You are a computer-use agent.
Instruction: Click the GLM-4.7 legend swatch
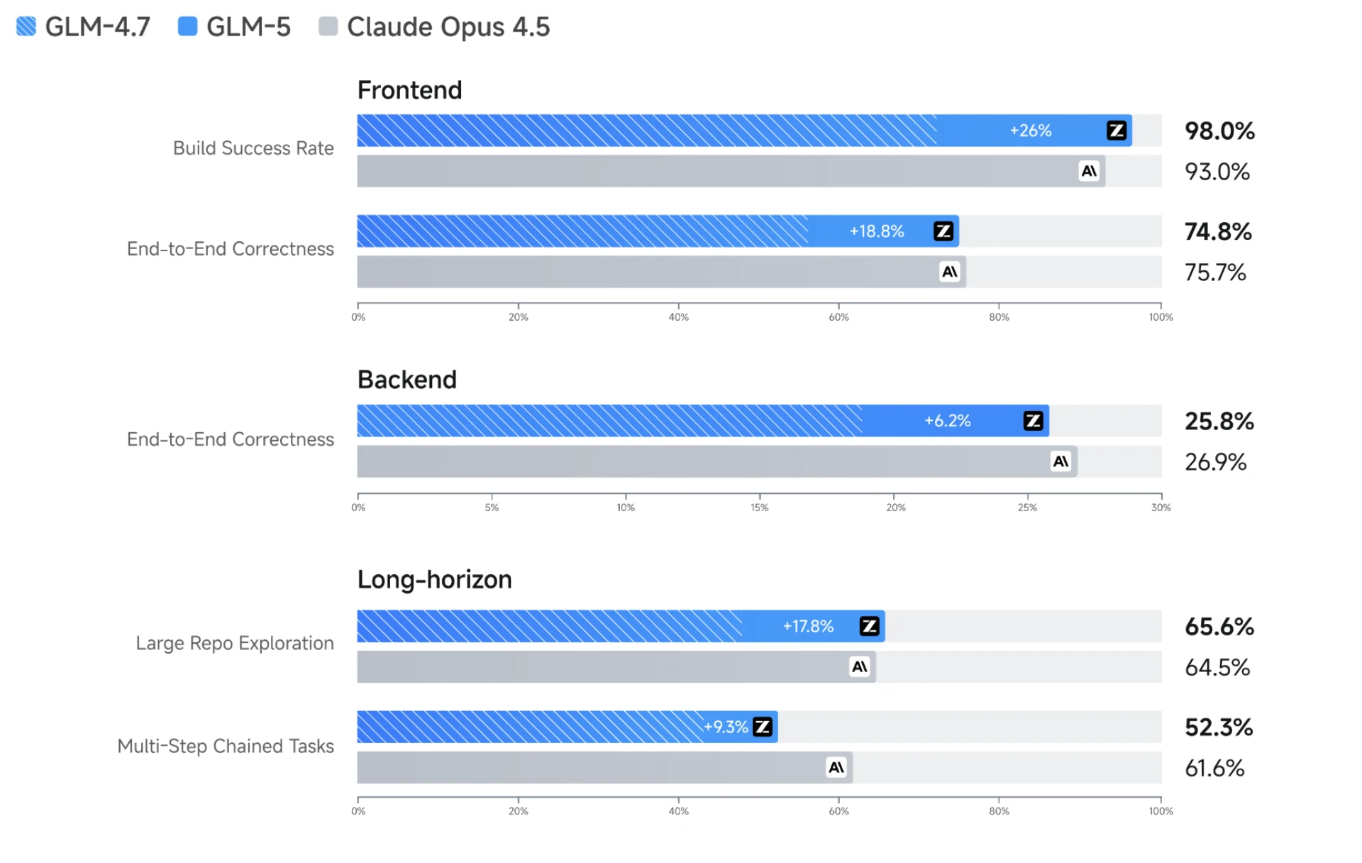tap(26, 26)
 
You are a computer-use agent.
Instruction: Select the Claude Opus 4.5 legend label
tap(448, 27)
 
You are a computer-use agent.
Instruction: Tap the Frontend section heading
tap(409, 90)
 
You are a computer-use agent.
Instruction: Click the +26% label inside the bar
tap(1030, 131)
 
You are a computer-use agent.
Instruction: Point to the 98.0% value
tap(1219, 131)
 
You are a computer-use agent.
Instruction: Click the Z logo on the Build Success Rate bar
tap(1116, 131)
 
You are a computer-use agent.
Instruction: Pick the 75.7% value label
tap(1214, 272)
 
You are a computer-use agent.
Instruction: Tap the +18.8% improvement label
tap(876, 231)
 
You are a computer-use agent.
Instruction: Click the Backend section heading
tap(406, 380)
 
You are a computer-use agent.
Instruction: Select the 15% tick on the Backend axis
tap(759, 507)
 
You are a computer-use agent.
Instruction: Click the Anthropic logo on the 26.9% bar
tap(1061, 461)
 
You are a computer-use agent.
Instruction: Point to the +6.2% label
tap(947, 421)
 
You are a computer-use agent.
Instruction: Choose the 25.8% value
tap(1219, 421)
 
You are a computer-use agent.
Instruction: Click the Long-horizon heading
tap(434, 580)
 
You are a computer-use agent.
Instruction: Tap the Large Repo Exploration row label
tap(235, 643)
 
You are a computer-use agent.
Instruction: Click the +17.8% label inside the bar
tap(808, 626)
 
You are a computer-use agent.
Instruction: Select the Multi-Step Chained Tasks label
tap(226, 746)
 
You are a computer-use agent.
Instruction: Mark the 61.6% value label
tap(1214, 768)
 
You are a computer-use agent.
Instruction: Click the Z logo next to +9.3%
tap(763, 727)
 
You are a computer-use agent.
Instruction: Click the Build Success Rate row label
tap(253, 148)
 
